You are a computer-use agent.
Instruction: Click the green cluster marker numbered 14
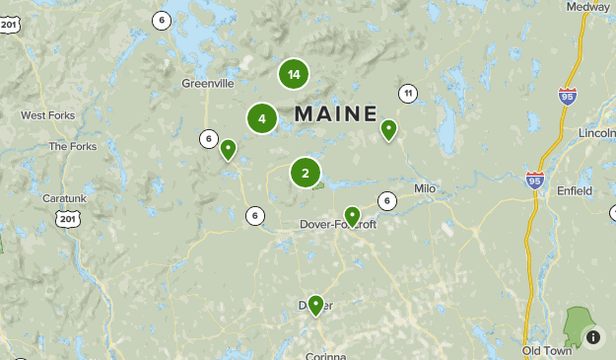293,74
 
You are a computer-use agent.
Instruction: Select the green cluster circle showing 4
261,119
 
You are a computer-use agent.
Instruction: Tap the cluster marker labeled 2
306,174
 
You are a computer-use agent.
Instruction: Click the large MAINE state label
335,113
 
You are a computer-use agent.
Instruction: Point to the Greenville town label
207,84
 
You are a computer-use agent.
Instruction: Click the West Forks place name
47,115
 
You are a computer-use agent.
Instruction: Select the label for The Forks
73,147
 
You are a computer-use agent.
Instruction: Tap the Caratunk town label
65,198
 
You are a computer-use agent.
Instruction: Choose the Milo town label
425,187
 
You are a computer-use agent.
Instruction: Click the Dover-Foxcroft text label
337,225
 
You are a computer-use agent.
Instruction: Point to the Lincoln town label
597,133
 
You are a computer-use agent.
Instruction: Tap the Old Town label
547,350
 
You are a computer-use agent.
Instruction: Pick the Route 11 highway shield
407,94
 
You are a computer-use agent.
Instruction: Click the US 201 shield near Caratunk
66,217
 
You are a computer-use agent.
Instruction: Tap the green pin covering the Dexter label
315,305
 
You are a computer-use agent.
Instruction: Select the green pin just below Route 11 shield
388,129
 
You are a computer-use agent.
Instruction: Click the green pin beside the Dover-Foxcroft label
352,216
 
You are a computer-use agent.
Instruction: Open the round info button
593,337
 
